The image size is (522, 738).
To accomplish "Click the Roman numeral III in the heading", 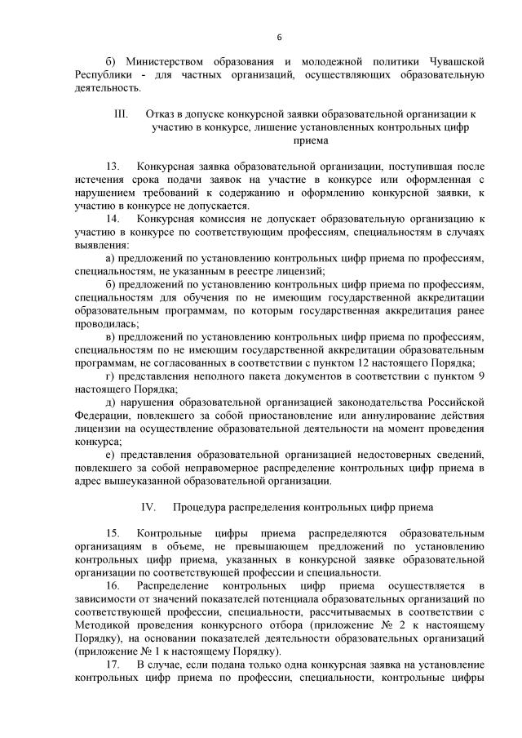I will click(122, 114).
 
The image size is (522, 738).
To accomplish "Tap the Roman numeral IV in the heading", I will click(148, 507).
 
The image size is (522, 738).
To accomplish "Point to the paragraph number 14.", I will click(113, 219).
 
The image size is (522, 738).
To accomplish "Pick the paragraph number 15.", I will click(113, 533).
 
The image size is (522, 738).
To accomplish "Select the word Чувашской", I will click(458, 62).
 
